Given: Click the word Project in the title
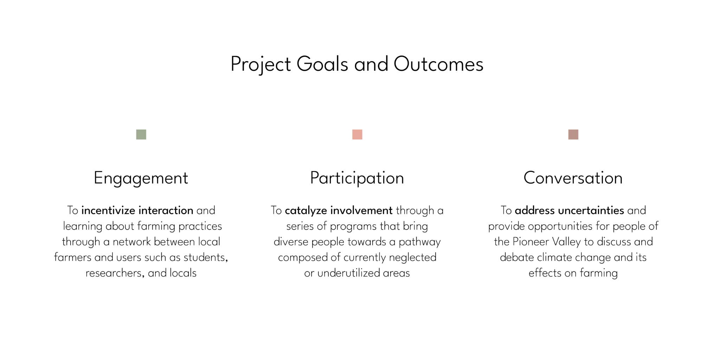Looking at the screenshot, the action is (x=261, y=65).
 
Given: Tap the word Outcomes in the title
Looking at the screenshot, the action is (x=438, y=64).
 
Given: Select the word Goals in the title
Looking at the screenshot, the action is (x=322, y=64).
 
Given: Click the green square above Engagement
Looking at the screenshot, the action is (x=141, y=134).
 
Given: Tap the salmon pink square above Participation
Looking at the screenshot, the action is (x=357, y=134).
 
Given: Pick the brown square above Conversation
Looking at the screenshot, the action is (x=573, y=134).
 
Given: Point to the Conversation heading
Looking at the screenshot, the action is (x=573, y=178).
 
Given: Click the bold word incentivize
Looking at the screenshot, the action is (x=108, y=210).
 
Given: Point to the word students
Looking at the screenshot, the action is (x=206, y=257).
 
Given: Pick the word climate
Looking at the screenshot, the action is (x=554, y=257).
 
